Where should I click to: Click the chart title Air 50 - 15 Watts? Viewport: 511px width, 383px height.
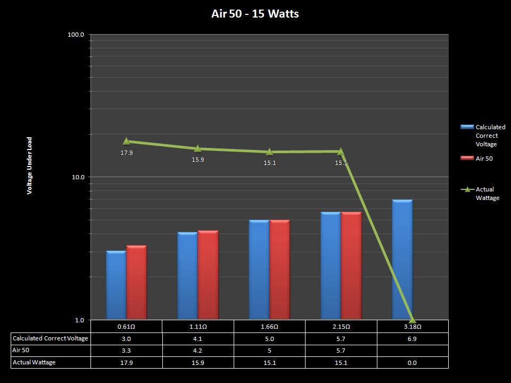pos(255,14)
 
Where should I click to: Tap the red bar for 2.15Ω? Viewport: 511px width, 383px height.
pos(351,265)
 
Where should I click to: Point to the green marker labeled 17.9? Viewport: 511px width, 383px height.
pos(126,141)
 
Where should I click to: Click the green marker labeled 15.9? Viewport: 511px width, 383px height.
pos(197,148)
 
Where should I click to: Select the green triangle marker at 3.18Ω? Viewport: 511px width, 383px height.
pos(412,319)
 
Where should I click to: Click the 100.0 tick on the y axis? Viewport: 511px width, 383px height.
pos(77,35)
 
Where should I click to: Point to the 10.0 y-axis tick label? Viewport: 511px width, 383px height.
pos(78,177)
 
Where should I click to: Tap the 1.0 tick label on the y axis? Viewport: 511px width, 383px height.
pos(80,320)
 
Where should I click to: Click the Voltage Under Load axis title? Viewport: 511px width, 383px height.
pos(30,165)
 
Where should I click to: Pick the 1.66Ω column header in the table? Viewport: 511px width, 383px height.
pos(269,326)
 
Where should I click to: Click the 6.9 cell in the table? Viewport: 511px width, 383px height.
pos(412,338)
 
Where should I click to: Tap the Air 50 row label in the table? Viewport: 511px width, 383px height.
pos(20,351)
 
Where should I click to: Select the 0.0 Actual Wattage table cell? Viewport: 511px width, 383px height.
pos(412,363)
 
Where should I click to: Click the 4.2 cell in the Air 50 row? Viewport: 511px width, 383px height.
pos(197,351)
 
